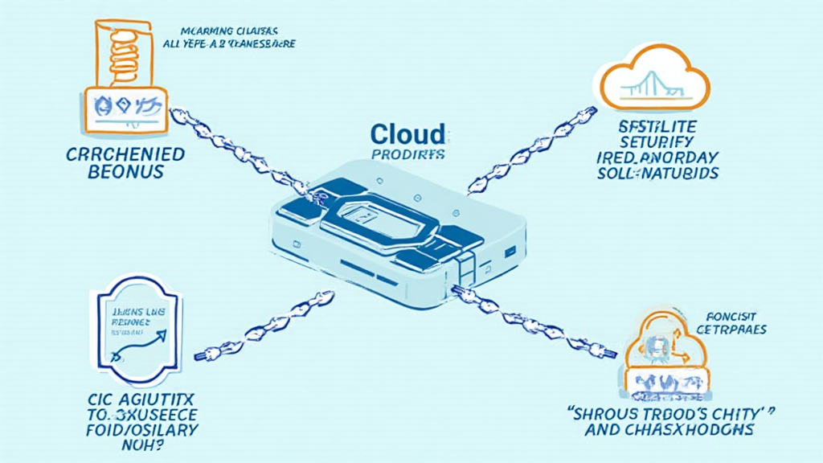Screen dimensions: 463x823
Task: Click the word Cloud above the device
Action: (x=407, y=134)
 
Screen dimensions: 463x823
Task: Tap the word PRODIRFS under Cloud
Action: (x=407, y=154)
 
